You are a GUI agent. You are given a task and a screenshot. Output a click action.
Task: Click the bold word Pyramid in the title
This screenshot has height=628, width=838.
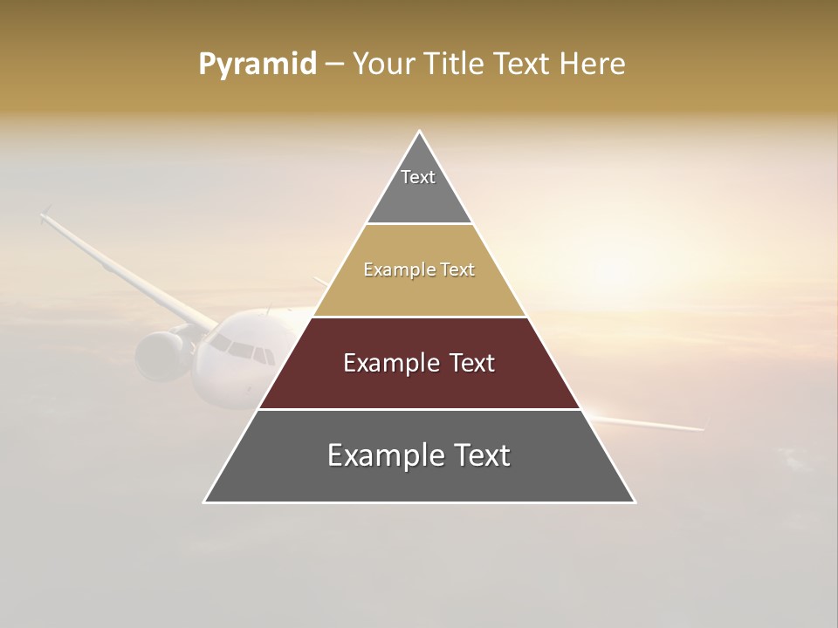pyautogui.click(x=258, y=65)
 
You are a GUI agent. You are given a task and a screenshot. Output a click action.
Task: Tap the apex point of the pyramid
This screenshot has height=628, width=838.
pyautogui.click(x=420, y=132)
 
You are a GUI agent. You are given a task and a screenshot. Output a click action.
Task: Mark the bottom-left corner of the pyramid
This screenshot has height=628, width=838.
pyautogui.click(x=205, y=502)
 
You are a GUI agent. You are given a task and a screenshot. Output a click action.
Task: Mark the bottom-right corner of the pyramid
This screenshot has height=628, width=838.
pyautogui.click(x=634, y=502)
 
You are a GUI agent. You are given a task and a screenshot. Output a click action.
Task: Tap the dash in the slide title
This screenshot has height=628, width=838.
pyautogui.click(x=334, y=65)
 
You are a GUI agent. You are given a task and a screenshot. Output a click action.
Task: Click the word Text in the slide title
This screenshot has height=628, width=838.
pyautogui.click(x=523, y=65)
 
